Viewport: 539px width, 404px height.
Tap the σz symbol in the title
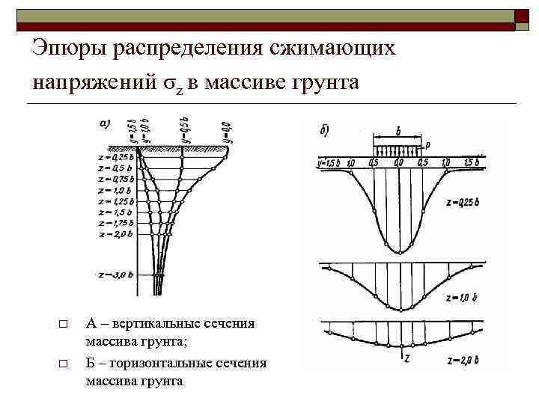(x=174, y=82)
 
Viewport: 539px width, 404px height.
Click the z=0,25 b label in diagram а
(x=116, y=157)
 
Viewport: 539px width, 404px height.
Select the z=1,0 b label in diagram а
(x=116, y=191)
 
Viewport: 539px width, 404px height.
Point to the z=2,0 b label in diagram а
(x=116, y=235)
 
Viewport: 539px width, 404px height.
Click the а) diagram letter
(x=106, y=124)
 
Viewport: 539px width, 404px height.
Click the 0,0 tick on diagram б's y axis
(x=399, y=162)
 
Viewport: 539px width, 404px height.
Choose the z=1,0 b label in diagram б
(x=463, y=297)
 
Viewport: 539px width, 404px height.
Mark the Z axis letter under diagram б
(x=406, y=357)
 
